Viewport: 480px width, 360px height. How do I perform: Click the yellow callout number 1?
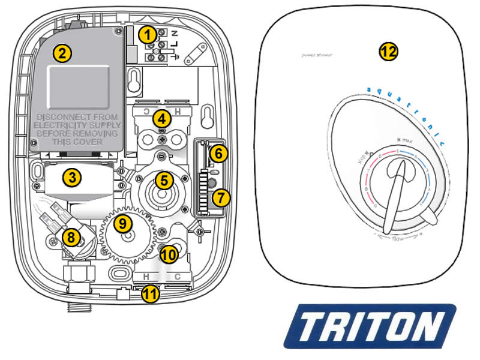[148, 35]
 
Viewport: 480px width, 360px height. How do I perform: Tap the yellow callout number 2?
[61, 52]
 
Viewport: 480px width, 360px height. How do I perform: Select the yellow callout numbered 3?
[71, 178]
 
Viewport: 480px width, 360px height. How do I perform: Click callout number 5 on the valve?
[164, 179]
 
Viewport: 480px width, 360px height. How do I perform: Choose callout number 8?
[71, 238]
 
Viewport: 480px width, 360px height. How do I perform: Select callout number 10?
[169, 254]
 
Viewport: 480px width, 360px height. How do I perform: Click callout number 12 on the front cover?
[389, 51]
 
